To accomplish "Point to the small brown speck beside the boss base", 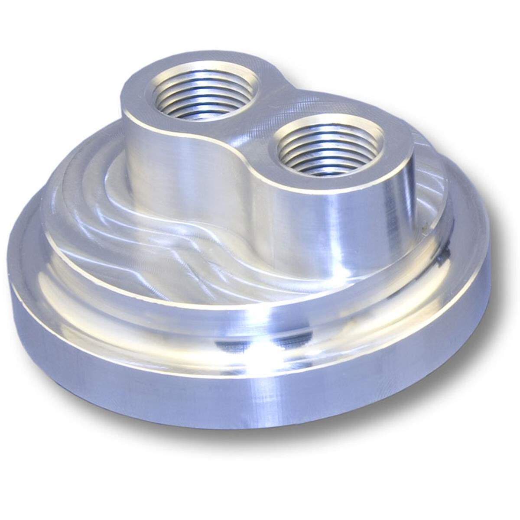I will [427, 225].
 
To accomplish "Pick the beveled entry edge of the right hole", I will [277, 139].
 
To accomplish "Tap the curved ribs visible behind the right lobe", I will [429, 182].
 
